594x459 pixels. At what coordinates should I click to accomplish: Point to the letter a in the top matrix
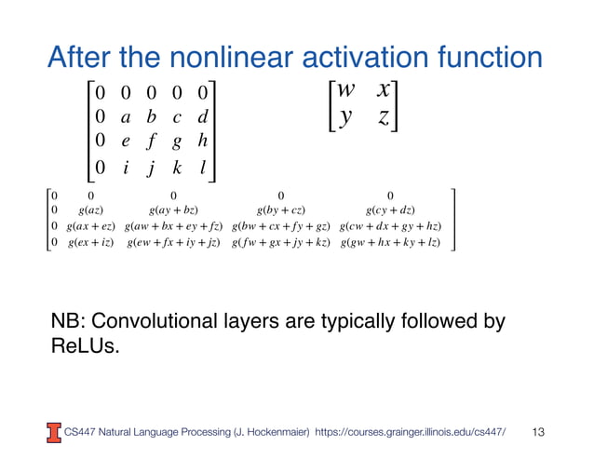tap(124, 118)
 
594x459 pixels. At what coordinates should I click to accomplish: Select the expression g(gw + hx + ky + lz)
tap(390, 244)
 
